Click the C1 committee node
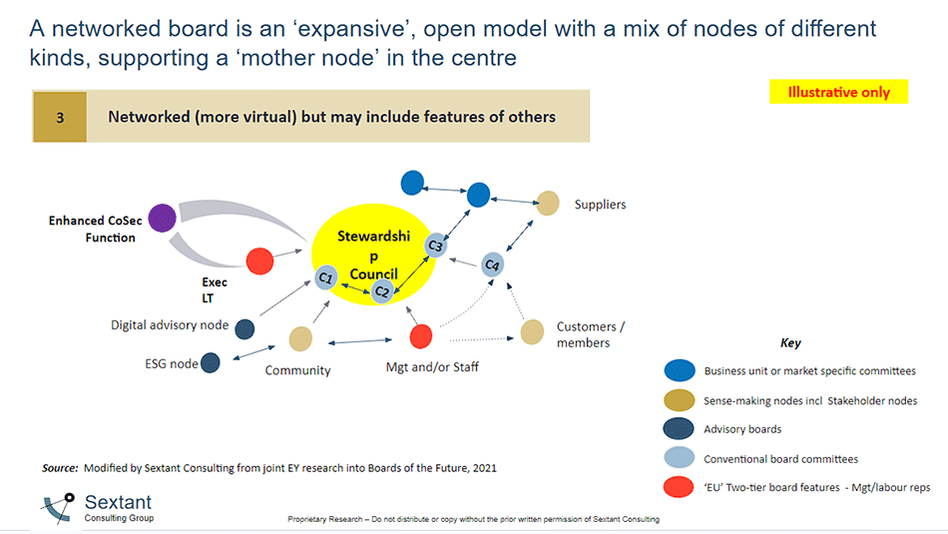[x=325, y=277]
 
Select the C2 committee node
[x=381, y=291]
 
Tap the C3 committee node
[x=435, y=246]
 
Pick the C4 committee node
[x=491, y=265]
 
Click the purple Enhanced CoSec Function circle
[x=161, y=217]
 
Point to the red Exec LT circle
[x=259, y=262]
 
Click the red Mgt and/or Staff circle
[x=421, y=336]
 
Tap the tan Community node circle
[x=300, y=339]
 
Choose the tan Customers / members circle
[x=533, y=331]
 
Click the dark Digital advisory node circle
[x=244, y=328]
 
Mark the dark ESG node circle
[x=211, y=362]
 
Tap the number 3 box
[x=60, y=117]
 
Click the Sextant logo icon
[x=59, y=508]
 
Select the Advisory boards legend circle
[x=680, y=429]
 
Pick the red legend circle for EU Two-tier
[x=680, y=487]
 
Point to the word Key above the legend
[x=790, y=342]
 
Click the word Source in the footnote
[x=60, y=467]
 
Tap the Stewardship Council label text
[x=367, y=255]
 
